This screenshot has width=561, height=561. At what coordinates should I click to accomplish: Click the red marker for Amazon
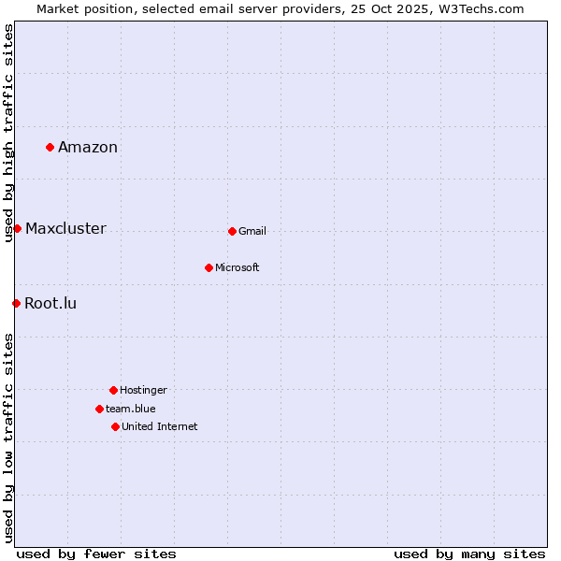(50, 147)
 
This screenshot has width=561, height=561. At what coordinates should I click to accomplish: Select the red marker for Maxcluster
(17, 228)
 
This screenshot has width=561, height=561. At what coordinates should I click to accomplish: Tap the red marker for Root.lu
(16, 303)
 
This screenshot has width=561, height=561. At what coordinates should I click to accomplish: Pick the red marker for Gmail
(232, 231)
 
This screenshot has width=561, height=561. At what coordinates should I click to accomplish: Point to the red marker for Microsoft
(209, 267)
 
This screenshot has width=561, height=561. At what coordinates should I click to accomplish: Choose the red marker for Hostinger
(113, 390)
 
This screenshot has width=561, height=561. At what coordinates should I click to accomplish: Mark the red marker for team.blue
(99, 409)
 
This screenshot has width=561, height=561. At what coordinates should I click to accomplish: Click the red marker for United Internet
(115, 426)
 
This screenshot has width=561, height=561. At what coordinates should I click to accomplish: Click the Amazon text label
(88, 147)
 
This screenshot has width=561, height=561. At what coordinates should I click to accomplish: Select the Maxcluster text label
(65, 228)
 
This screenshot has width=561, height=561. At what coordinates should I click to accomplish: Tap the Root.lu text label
(50, 303)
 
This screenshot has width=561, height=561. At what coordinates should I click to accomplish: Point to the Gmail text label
(252, 231)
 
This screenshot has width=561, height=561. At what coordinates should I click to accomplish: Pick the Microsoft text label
(237, 267)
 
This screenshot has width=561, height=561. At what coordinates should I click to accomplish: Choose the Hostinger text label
(143, 390)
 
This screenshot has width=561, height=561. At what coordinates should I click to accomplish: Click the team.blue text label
(131, 409)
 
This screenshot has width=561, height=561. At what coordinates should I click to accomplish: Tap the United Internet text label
(160, 426)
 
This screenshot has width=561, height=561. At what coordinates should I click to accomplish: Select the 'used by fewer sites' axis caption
(96, 554)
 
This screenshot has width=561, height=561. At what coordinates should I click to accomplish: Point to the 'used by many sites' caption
(469, 554)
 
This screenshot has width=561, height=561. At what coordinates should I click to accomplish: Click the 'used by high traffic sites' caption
(8, 133)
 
